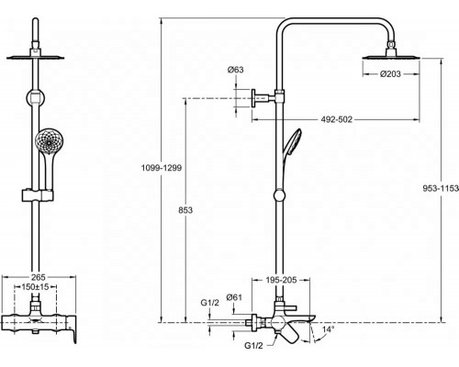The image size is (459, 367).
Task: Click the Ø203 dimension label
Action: coord(390,73)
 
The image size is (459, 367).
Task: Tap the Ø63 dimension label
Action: coord(236,70)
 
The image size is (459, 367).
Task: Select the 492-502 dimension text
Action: coord(337,119)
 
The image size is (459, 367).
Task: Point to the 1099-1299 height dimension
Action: coord(162,168)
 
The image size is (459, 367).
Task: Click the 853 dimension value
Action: coord(185,210)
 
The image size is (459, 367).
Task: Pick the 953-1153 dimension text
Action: coord(441,188)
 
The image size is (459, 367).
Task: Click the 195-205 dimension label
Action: coord(281,280)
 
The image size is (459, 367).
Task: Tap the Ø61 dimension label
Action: coord(234,297)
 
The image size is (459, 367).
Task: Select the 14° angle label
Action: coord(329,329)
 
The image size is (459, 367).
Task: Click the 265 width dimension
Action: coord(39,277)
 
